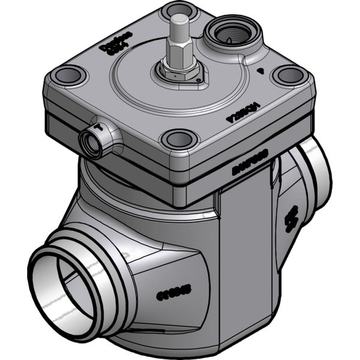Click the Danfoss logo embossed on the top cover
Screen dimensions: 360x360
124,47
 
